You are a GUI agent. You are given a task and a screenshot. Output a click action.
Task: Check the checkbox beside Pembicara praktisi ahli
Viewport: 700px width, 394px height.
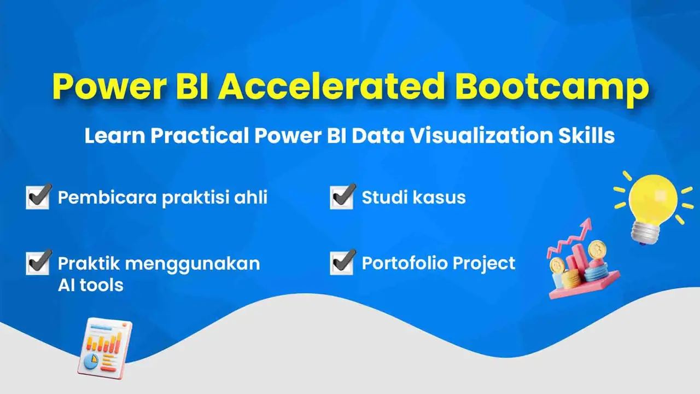point(38,197)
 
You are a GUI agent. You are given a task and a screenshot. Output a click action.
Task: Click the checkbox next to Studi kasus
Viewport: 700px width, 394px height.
point(342,197)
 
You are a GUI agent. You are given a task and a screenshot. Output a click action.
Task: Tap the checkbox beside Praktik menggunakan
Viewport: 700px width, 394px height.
point(38,263)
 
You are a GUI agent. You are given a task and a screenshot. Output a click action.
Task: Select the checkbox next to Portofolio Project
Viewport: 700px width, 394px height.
point(342,263)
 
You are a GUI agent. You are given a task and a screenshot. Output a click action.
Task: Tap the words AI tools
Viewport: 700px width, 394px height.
point(90,285)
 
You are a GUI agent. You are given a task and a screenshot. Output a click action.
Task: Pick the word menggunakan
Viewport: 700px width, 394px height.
point(194,264)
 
